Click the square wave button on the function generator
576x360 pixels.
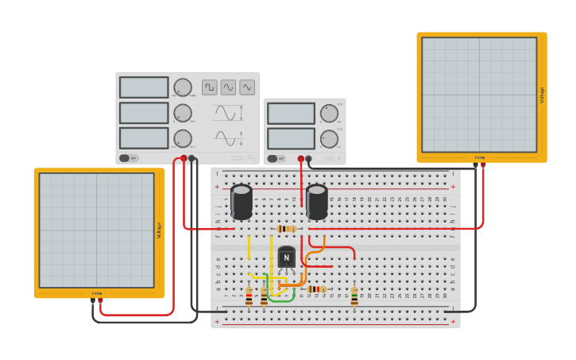click(209, 87)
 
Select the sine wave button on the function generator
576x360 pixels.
click(228, 87)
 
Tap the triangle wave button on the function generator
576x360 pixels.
click(247, 87)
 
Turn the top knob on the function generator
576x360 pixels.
click(183, 87)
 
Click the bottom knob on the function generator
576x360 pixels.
click(183, 138)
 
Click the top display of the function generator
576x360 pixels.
click(144, 87)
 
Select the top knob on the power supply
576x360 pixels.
click(329, 113)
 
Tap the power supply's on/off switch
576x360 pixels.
click(273, 158)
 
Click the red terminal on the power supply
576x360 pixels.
click(301, 159)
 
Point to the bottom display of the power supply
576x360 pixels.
click(291, 139)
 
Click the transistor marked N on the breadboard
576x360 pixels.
click(286, 257)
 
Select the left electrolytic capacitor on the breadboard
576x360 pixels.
click(242, 202)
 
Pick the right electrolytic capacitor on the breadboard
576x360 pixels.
click(317, 202)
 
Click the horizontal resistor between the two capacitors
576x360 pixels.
click(286, 229)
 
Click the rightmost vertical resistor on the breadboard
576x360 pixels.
click(354, 296)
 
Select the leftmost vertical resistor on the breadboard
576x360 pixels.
click(249, 297)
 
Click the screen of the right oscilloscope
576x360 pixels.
click(479, 95)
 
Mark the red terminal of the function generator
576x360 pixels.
click(184, 158)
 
